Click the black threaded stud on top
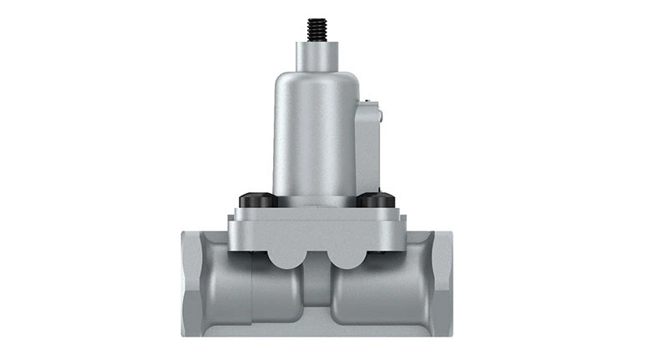[316, 30]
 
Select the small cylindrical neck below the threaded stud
[316, 56]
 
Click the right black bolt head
[377, 200]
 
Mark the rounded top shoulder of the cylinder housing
[316, 79]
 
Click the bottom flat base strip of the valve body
[316, 331]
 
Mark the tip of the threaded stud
[316, 20]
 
